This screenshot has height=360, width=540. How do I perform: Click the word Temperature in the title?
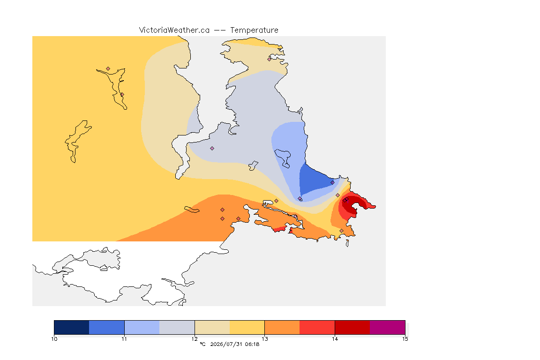pyautogui.click(x=254, y=30)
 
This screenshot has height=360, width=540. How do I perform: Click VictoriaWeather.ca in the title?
pyautogui.click(x=174, y=30)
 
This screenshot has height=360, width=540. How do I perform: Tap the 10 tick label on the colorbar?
pyautogui.click(x=54, y=339)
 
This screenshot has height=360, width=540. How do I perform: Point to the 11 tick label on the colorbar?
pyautogui.click(x=124, y=339)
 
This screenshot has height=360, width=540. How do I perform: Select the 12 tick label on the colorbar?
pyautogui.click(x=195, y=339)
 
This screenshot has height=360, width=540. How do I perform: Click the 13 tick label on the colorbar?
pyautogui.click(x=264, y=339)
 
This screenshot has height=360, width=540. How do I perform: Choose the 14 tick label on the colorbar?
pyautogui.click(x=335, y=339)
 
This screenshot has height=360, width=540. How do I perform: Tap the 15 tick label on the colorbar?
pyautogui.click(x=405, y=339)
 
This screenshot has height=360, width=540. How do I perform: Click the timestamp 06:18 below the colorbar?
pyautogui.click(x=252, y=344)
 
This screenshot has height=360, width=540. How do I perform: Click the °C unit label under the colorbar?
pyautogui.click(x=202, y=344)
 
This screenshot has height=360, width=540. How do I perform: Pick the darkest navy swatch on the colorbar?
pyautogui.click(x=72, y=327)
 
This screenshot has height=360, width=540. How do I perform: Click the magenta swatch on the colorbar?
pyautogui.click(x=388, y=327)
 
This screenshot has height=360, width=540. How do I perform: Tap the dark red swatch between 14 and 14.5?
pyautogui.click(x=352, y=327)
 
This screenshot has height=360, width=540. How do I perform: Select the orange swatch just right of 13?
pyautogui.click(x=282, y=327)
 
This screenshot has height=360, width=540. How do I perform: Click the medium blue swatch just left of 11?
pyautogui.click(x=107, y=327)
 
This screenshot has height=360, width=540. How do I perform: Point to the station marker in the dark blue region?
pyautogui.click(x=332, y=183)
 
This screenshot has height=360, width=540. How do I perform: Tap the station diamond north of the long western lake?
pyautogui.click(x=108, y=69)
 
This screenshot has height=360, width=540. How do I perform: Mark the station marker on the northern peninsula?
pyautogui.click(x=270, y=59)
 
